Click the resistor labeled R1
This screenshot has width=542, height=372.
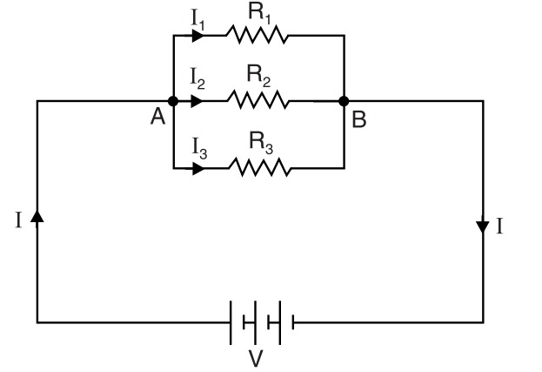tap(256, 36)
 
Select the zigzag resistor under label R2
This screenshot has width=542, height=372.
tap(258, 101)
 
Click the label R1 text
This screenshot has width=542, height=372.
tap(257, 12)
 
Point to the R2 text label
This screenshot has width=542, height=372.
tap(258, 78)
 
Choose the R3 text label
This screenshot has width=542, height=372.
tap(259, 142)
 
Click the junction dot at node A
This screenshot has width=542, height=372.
tap(172, 101)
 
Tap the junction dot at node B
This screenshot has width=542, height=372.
tap(345, 101)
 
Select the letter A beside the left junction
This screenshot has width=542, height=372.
tap(157, 118)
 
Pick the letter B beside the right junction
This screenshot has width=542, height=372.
tap(359, 119)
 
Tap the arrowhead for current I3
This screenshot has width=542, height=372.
tap(198, 166)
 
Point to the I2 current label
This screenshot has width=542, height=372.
tap(197, 82)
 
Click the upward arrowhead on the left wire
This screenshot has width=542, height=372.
tap(37, 217)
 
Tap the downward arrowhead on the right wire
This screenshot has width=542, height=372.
tap(483, 228)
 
